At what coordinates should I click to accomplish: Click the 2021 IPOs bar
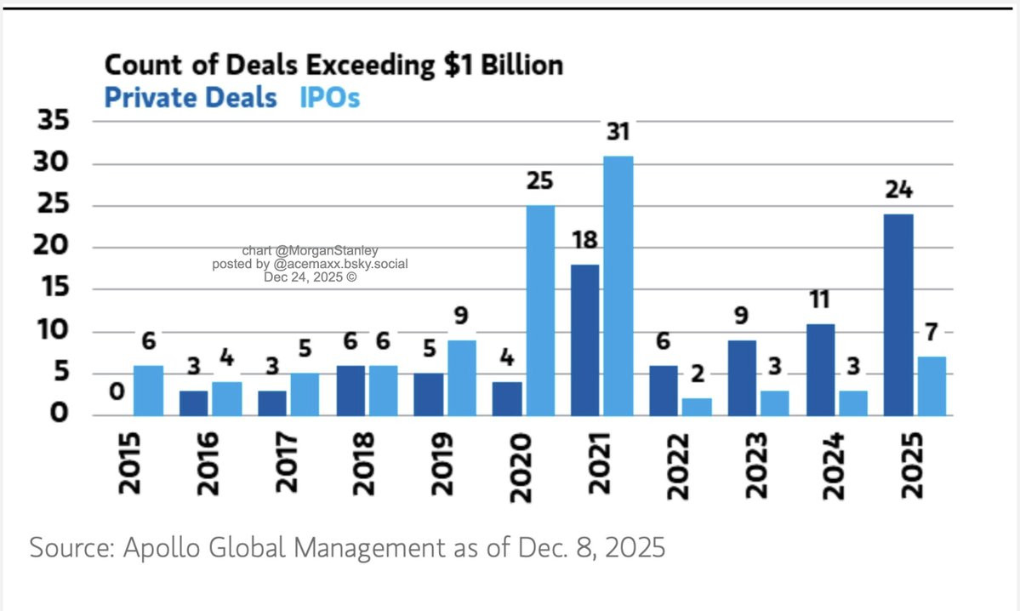pyautogui.click(x=618, y=285)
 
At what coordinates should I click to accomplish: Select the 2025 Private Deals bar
pyautogui.click(x=899, y=314)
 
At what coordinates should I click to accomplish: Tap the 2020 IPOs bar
pyautogui.click(x=539, y=310)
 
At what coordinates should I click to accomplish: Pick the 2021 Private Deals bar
pyautogui.click(x=585, y=340)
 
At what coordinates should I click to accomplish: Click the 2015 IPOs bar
pyautogui.click(x=148, y=390)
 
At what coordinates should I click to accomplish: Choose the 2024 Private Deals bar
pyautogui.click(x=821, y=369)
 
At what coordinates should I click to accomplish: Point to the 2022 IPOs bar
pyautogui.click(x=696, y=406)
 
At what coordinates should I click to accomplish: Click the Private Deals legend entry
pyautogui.click(x=191, y=98)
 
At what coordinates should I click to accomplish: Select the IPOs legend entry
pyautogui.click(x=329, y=98)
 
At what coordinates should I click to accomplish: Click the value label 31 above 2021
pyautogui.click(x=618, y=133)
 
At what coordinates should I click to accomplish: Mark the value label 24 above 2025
pyautogui.click(x=898, y=191)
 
